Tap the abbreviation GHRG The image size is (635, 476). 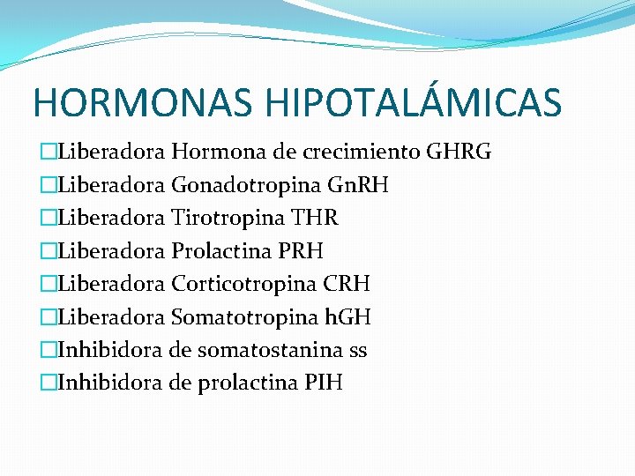coord(459,152)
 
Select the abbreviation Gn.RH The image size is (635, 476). coord(358,185)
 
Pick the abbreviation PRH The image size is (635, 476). coord(299,251)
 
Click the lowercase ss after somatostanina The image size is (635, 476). coord(358,350)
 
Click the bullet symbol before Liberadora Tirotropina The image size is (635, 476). coord(47,219)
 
